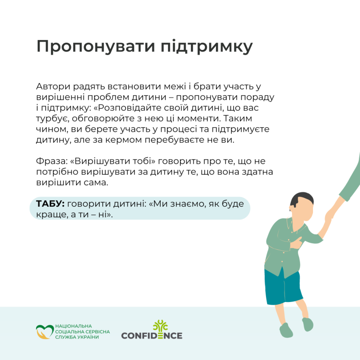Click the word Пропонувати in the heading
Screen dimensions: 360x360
click(x=96, y=47)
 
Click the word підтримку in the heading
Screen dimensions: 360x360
click(x=207, y=47)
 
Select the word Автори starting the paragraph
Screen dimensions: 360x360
click(x=53, y=86)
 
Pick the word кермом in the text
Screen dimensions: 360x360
click(x=123, y=140)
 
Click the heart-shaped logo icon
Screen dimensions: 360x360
click(x=45, y=332)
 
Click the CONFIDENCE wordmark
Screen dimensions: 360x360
click(x=152, y=336)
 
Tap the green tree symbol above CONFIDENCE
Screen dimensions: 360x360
click(x=160, y=326)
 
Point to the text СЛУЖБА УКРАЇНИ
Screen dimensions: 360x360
click(x=77, y=337)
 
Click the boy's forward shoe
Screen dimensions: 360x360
click(x=286, y=330)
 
